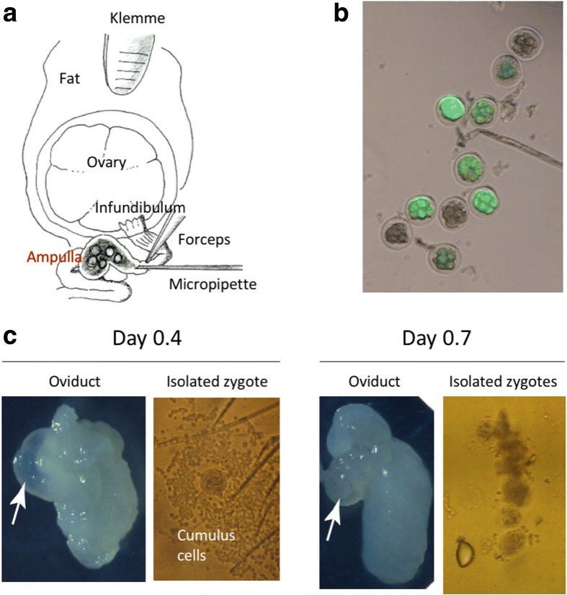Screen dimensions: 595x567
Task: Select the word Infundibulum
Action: (141, 207)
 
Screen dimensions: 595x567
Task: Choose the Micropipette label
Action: (213, 285)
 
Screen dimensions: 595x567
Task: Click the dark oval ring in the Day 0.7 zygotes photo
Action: (465, 555)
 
